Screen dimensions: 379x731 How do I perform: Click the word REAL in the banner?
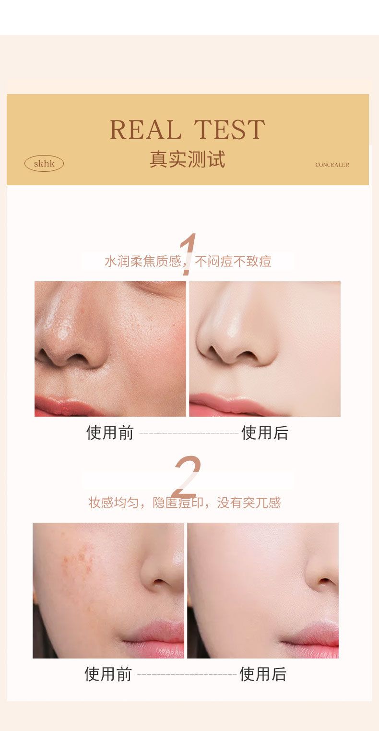tap(145, 130)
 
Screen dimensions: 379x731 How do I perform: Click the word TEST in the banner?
tap(229, 130)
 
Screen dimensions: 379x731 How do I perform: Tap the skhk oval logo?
tap(44, 164)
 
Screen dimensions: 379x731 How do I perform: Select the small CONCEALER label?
tap(332, 165)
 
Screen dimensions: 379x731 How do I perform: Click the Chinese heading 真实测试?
tap(188, 159)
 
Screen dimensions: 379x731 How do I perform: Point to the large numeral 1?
tap(188, 254)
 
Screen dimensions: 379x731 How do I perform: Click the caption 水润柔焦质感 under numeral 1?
tap(143, 262)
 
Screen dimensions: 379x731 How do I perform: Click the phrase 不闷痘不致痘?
tap(233, 262)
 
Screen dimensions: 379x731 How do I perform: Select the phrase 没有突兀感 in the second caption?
tap(249, 503)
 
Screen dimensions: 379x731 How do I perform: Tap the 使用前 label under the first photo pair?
tap(110, 433)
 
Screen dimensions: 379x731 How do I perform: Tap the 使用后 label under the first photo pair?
tap(265, 433)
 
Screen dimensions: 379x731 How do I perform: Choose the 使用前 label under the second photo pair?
tap(108, 674)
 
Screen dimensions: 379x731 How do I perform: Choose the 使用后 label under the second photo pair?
tap(263, 674)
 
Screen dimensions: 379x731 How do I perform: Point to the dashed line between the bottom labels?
tap(187, 674)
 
